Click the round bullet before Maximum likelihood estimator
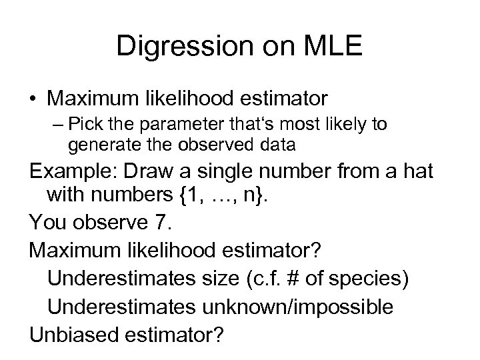coord(33,99)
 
